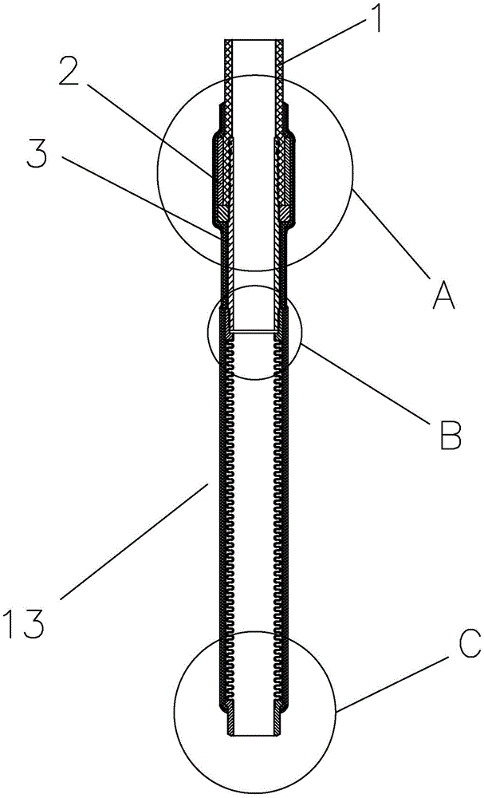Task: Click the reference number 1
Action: tap(376, 18)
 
